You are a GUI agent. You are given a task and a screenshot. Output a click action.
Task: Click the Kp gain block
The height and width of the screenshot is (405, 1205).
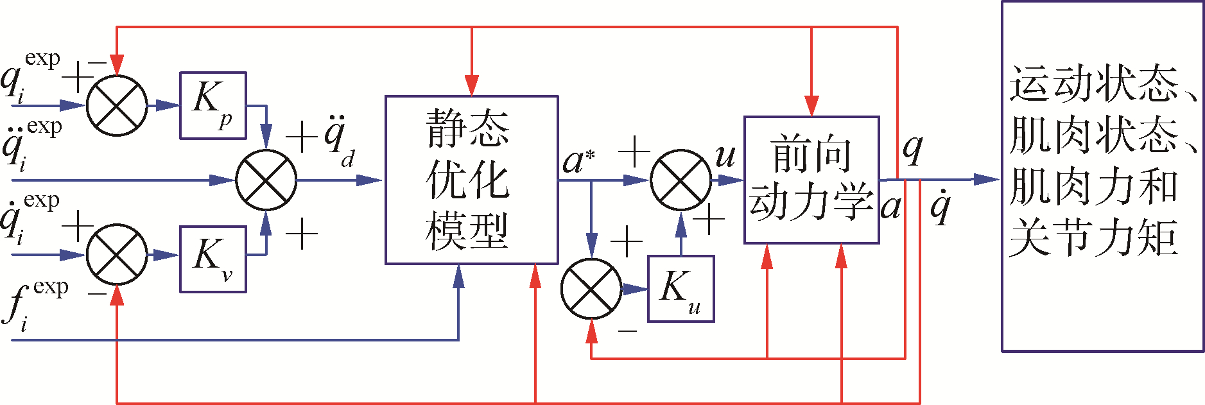[212, 105]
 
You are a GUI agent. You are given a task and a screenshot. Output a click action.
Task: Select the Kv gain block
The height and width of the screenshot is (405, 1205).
[212, 259]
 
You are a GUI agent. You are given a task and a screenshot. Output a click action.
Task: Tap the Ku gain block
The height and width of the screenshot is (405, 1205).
[681, 289]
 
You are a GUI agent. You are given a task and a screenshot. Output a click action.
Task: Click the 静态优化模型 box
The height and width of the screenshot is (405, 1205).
[471, 180]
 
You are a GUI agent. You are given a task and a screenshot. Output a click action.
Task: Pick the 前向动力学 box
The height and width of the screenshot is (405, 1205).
[811, 180]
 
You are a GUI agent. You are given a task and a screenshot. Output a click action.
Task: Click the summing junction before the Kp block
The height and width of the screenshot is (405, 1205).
[117, 105]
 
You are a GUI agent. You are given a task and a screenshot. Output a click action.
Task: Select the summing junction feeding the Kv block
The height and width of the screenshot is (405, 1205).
[117, 255]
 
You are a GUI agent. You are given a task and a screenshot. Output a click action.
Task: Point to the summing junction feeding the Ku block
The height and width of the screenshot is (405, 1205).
[591, 289]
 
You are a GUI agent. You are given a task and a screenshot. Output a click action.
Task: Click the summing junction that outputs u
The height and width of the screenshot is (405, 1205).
[681, 180]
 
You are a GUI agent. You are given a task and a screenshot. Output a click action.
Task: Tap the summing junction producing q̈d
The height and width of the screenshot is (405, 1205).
[266, 180]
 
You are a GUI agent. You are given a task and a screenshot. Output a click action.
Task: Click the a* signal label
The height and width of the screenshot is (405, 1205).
[578, 160]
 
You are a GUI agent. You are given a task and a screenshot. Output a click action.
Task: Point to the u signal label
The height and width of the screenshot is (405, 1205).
[725, 155]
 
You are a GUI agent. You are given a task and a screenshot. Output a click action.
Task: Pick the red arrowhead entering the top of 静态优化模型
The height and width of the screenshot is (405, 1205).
[472, 86]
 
